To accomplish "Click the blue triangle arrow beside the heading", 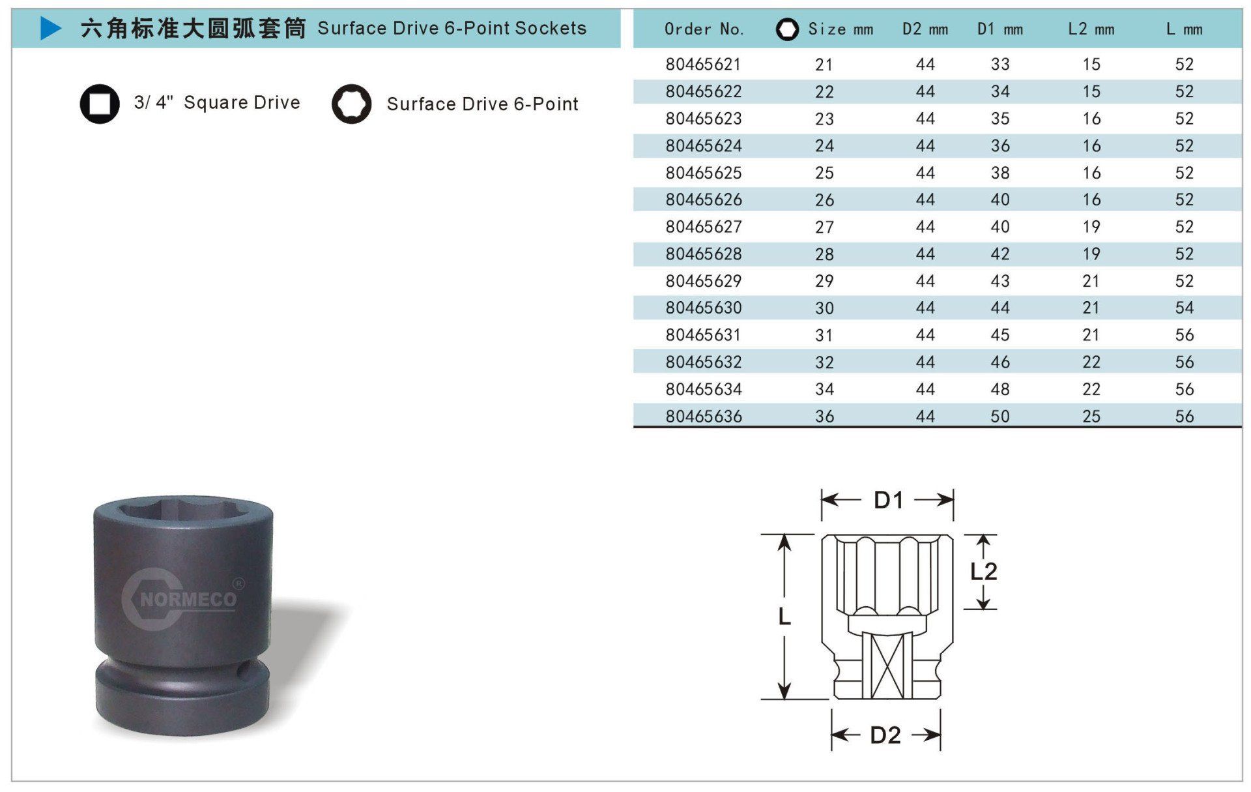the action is [x=51, y=28].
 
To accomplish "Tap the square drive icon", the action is [x=100, y=104].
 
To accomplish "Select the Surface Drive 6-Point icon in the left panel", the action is [x=352, y=104].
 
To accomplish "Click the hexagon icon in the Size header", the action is [x=788, y=29].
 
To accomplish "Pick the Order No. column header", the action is [x=704, y=29].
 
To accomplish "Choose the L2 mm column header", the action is [x=1091, y=29].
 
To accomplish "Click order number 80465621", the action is [x=704, y=65].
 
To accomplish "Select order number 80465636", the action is [x=704, y=416].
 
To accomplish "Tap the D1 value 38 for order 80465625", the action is [x=1000, y=173].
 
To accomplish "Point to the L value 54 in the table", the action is [x=1185, y=308].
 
